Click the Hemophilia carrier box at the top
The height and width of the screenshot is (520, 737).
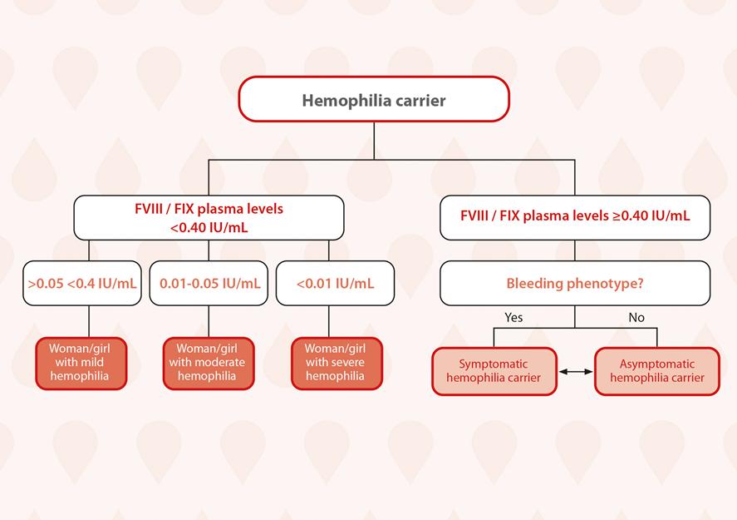point(374,99)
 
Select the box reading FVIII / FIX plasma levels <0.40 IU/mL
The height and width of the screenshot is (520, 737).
point(209,217)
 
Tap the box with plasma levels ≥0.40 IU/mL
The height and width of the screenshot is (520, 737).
point(575,217)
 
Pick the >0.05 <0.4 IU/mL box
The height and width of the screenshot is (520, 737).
point(81,283)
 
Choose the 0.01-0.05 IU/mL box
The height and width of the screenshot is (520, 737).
point(209,283)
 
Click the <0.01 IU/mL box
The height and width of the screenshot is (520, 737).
point(335,283)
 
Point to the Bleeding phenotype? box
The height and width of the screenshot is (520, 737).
point(575,283)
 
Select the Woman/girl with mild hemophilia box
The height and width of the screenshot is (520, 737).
point(81,364)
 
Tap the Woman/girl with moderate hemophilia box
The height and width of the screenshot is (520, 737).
point(209,364)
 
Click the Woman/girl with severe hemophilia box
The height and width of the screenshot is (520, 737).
point(337,364)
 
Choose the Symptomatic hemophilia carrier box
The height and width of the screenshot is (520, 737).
point(494,371)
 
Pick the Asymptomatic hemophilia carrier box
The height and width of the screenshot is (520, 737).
point(656,371)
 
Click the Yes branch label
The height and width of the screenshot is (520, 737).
point(513,318)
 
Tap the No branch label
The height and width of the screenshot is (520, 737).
point(636,318)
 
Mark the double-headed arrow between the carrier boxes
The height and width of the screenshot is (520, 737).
point(576,372)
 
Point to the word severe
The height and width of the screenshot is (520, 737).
point(348,362)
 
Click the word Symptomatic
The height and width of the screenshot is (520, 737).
point(493,364)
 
